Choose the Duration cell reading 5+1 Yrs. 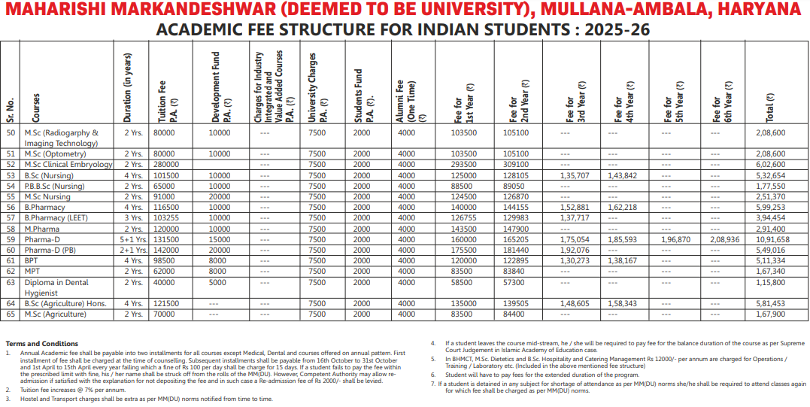132,239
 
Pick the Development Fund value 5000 217,282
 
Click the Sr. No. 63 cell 11,282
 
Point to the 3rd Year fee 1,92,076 575,250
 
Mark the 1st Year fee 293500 465,164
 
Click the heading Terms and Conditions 42,344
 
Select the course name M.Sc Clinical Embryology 68,164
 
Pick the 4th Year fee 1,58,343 621,303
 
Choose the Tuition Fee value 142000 167,250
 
